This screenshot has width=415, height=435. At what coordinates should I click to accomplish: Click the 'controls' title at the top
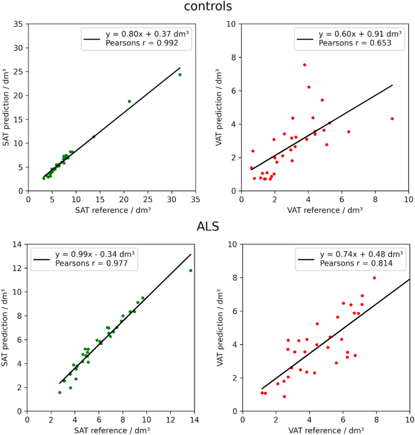207,7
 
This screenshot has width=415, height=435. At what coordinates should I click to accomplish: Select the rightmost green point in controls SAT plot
180,74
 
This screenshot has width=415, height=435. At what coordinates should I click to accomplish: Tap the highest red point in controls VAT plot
305,65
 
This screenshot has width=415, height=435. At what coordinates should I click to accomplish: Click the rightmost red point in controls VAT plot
393,119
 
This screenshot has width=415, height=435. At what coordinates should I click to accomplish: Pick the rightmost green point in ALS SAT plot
191,270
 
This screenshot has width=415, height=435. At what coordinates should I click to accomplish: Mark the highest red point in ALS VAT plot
374,278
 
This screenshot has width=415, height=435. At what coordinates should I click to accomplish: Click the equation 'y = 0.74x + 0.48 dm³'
350,254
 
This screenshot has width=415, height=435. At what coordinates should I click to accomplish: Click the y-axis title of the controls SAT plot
7,107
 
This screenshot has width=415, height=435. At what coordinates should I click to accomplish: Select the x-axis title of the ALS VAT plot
326,430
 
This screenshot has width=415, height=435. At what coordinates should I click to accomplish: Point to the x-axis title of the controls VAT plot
326,209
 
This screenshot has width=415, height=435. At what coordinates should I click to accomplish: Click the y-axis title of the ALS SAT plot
7,327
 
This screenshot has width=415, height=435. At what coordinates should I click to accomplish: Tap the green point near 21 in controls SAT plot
129,101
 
